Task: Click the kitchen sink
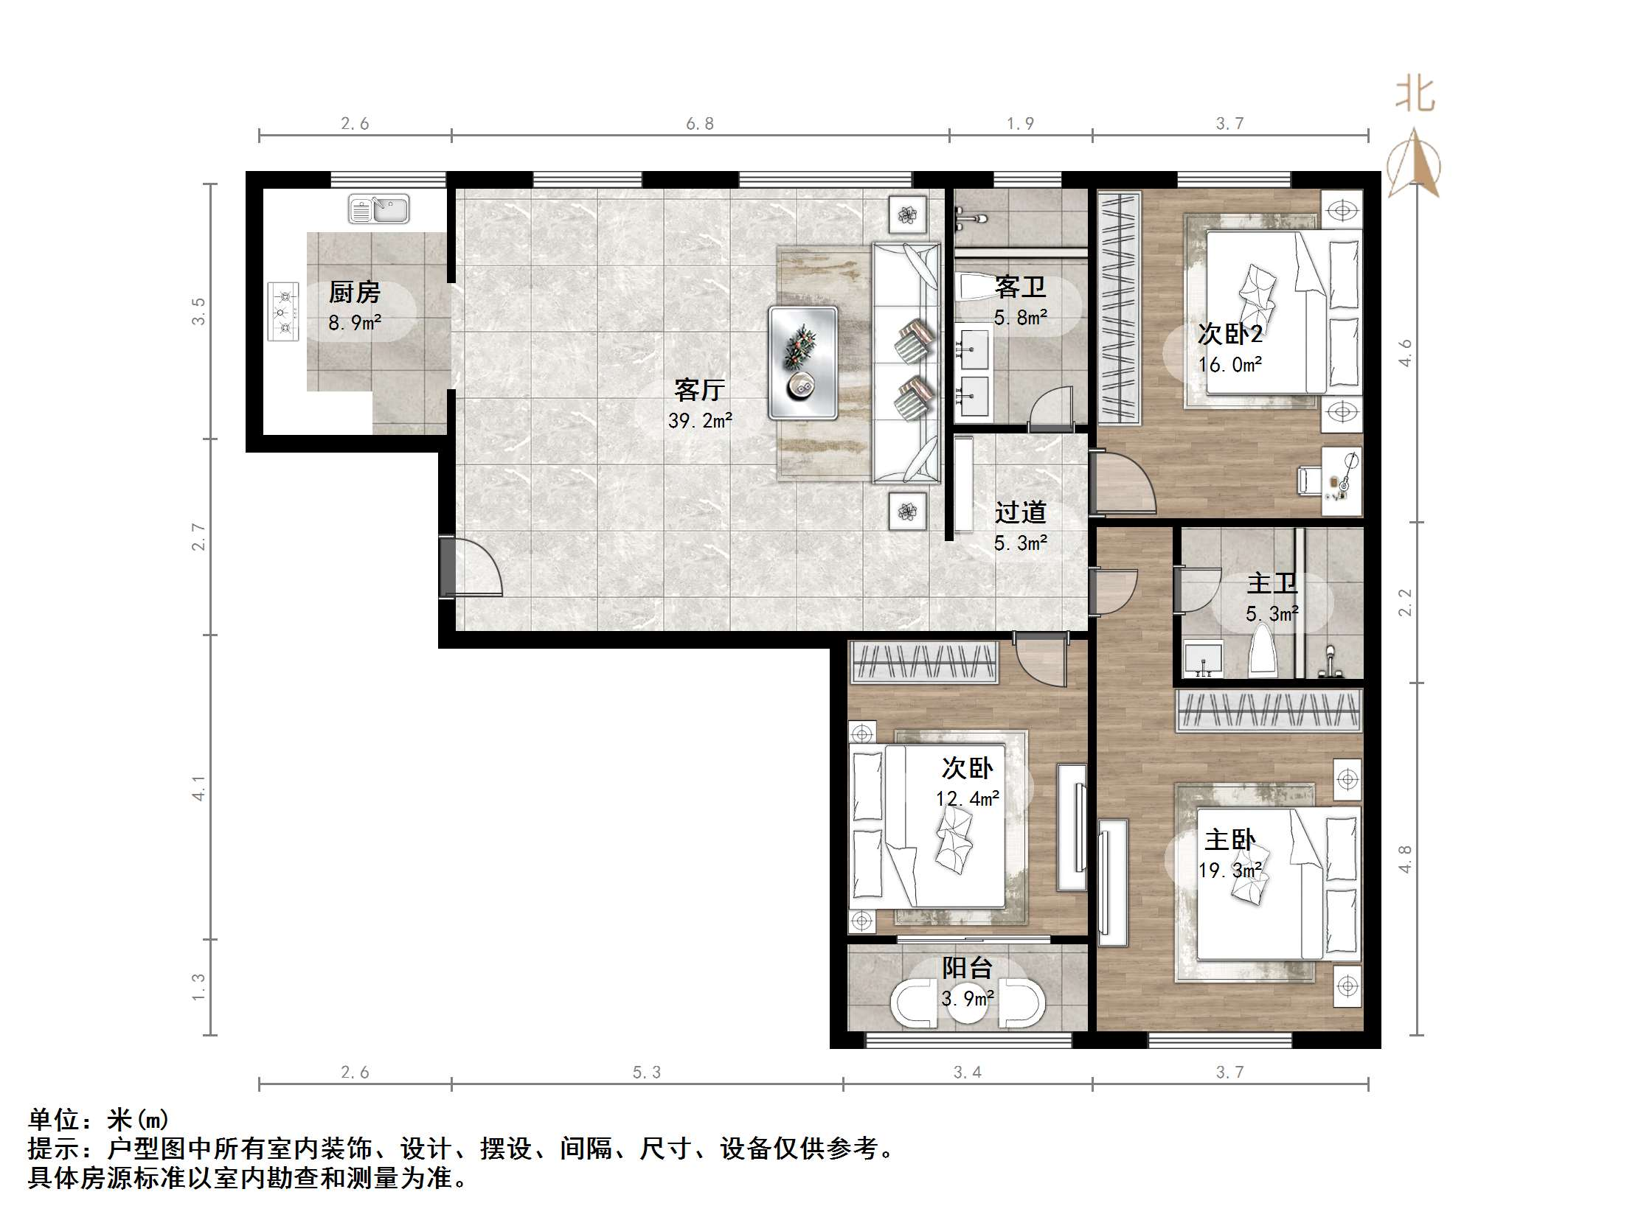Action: pyautogui.click(x=378, y=209)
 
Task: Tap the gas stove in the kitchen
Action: pyautogui.click(x=283, y=311)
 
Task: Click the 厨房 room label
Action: pyautogui.click(x=354, y=293)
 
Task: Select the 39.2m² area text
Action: pyautogui.click(x=700, y=420)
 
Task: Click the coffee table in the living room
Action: pyautogui.click(x=802, y=363)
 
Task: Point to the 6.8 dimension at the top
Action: pyautogui.click(x=700, y=124)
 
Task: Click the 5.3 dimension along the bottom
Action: pyautogui.click(x=647, y=1073)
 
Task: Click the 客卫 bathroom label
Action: pyautogui.click(x=1020, y=287)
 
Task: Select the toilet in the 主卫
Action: pyautogui.click(x=1263, y=651)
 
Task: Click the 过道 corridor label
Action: pyautogui.click(x=1020, y=512)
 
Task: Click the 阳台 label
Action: pyautogui.click(x=967, y=968)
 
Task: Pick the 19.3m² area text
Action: pyautogui.click(x=1230, y=871)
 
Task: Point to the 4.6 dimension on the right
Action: pyautogui.click(x=1405, y=352)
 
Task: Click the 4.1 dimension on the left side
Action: pyautogui.click(x=198, y=787)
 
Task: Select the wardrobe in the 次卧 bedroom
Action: pyautogui.click(x=925, y=661)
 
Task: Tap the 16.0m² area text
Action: pyautogui.click(x=1230, y=364)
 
